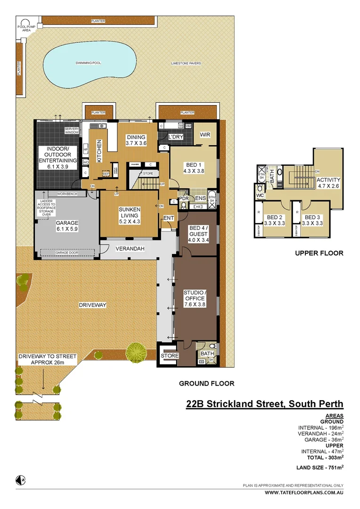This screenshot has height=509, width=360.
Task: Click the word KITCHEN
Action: pos(99,151)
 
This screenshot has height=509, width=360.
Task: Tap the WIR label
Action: pos(205,135)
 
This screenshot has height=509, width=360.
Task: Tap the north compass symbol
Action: pos(20,480)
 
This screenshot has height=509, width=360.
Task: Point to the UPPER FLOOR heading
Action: pos(319,253)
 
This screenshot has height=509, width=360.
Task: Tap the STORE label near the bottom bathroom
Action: pos(170,356)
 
